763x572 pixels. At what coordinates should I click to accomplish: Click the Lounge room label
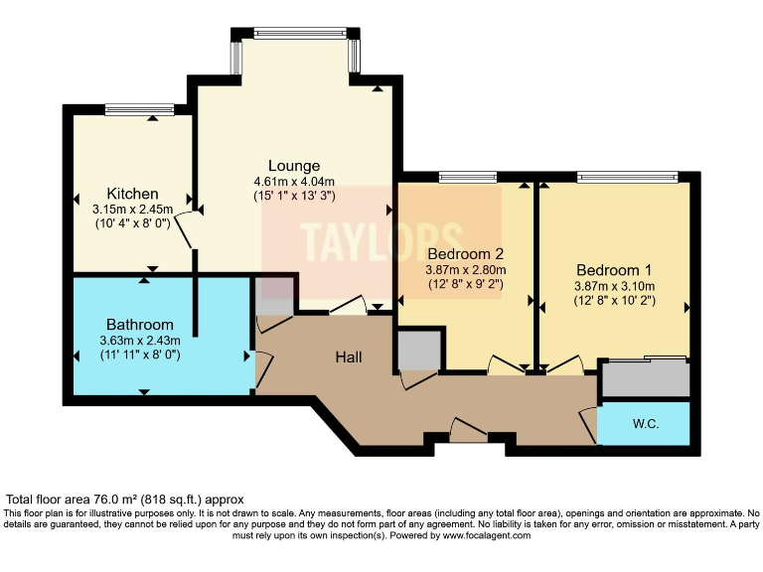coord(294,166)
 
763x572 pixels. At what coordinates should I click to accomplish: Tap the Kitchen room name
coord(133,194)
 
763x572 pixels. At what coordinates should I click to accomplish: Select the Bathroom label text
coord(140,325)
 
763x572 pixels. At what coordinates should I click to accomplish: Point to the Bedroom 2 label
coord(466,253)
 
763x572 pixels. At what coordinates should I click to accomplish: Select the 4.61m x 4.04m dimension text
coord(294,182)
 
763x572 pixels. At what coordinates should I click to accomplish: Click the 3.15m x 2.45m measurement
coord(133,210)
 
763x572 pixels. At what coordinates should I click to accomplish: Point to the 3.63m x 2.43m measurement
coord(140,341)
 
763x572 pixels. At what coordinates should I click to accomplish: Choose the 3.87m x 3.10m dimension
coord(614,286)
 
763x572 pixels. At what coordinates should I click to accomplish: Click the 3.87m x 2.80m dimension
coord(466,269)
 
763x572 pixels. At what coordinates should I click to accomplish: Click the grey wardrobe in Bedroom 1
coord(645,378)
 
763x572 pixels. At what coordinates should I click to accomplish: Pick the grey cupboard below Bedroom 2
coord(418,351)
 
